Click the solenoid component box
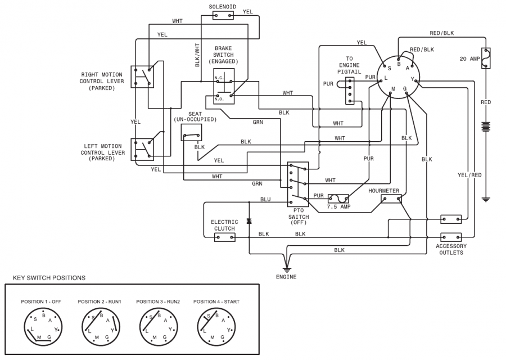pos(223,15)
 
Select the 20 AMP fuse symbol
pos(486,58)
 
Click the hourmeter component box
pos(391,199)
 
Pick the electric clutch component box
pos(225,237)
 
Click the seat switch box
pos(192,133)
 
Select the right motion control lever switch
pos(142,76)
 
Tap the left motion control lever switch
pos(142,149)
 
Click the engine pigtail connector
pos(350,91)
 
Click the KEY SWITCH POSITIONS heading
pos(49,278)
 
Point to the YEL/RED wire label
pos(469,175)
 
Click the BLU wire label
pos(265,200)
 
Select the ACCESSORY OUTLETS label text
pos(451,249)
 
